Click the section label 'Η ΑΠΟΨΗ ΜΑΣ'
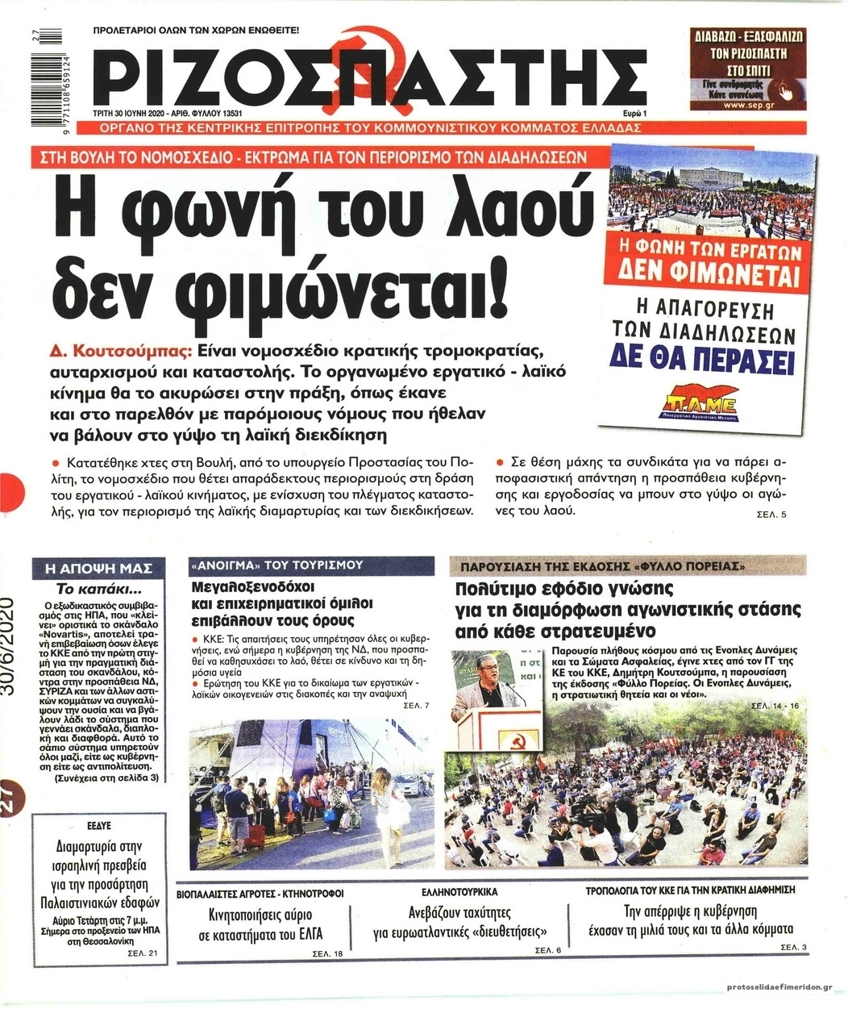100,568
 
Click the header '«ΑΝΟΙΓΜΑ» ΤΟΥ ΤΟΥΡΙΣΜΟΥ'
277,565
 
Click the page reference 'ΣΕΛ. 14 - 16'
774,706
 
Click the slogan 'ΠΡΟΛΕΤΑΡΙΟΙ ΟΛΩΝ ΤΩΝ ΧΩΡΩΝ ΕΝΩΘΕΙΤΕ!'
197,30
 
